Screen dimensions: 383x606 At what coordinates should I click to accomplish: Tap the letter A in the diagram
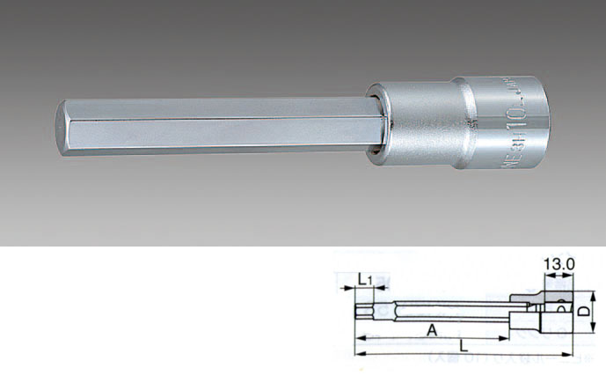[x=430, y=329]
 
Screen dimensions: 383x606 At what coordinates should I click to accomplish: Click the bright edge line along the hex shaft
[x=220, y=119]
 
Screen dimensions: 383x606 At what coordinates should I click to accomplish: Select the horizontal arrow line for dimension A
[x=431, y=337]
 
